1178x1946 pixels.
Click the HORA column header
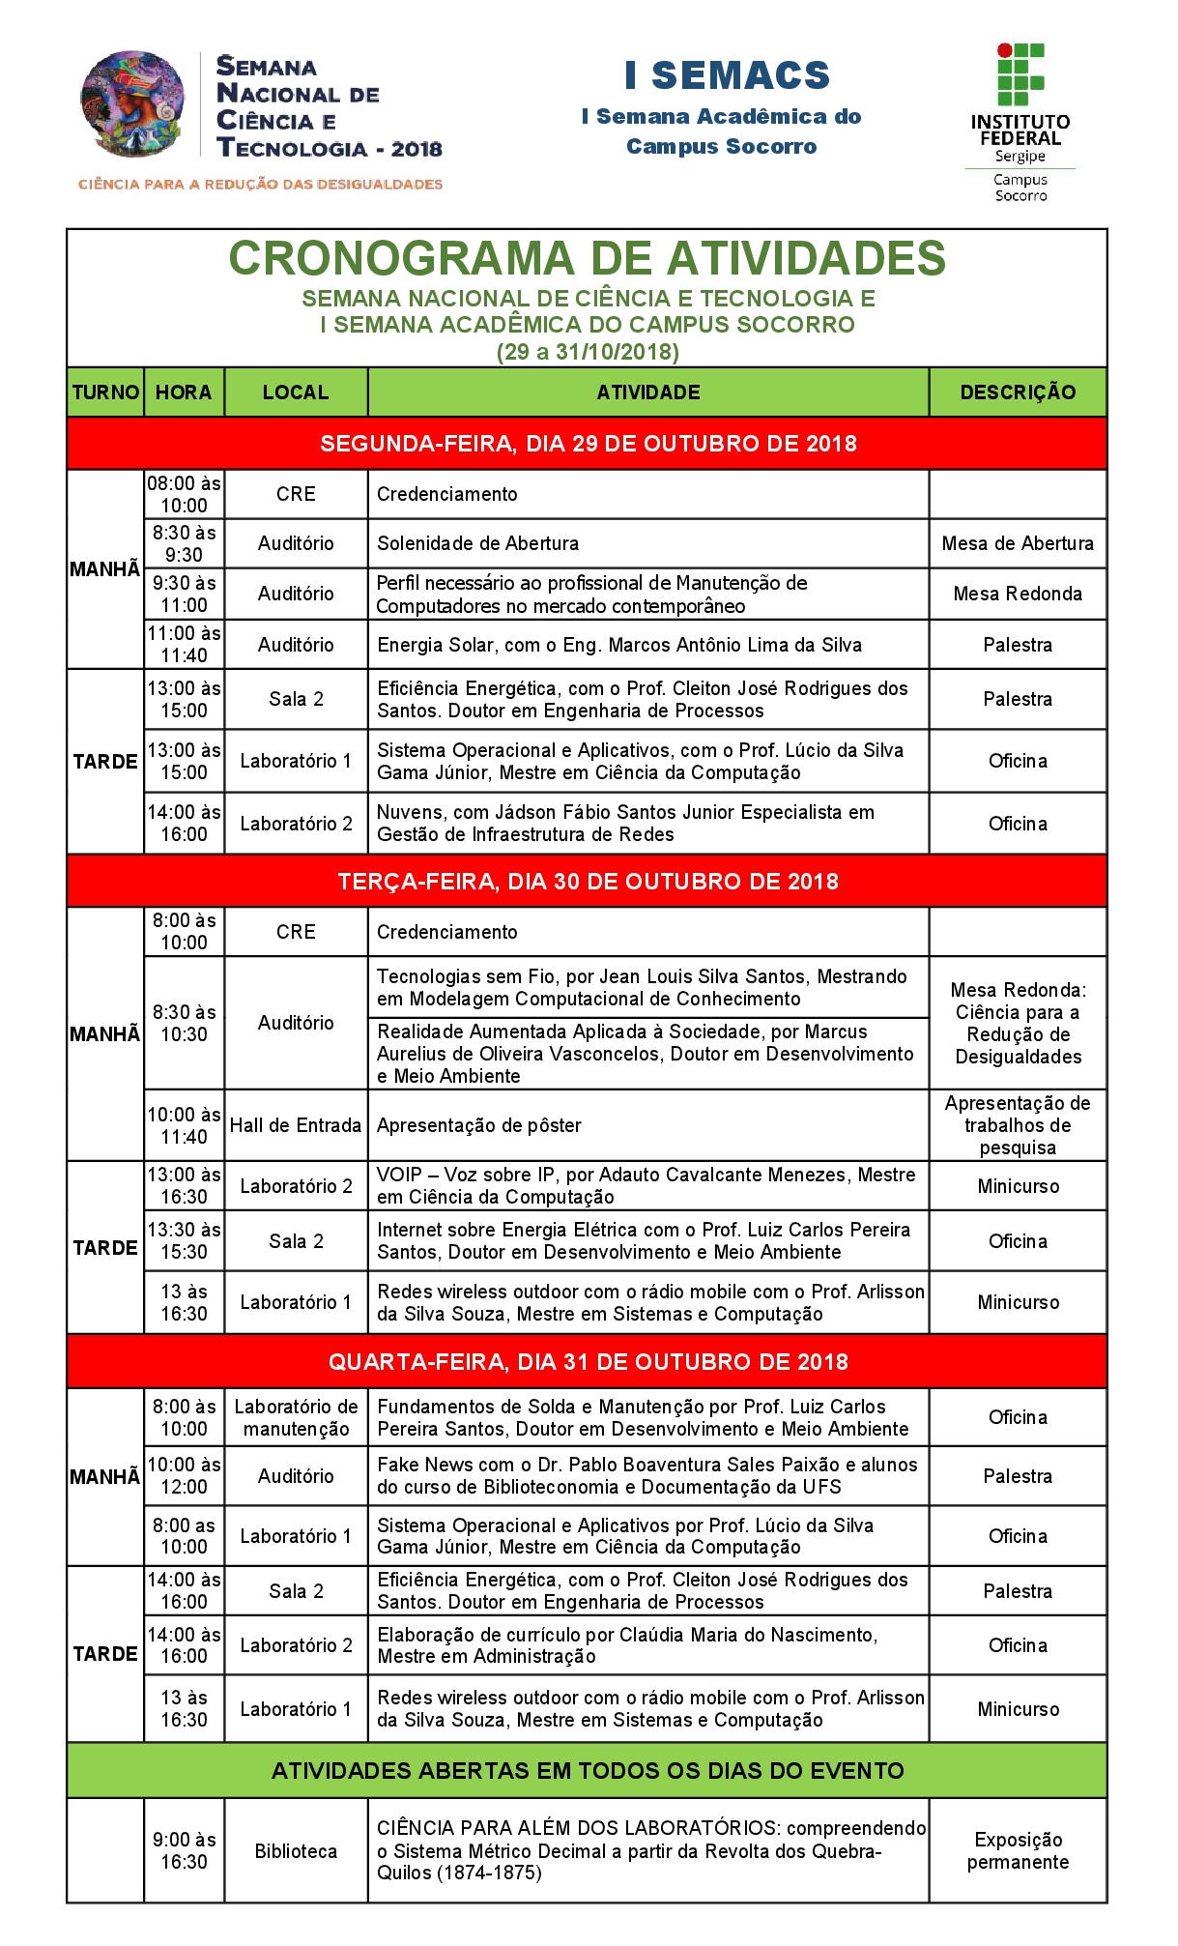click(x=184, y=392)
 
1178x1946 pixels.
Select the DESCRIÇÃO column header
click(x=1018, y=392)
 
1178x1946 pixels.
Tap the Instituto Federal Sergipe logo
click(x=1020, y=122)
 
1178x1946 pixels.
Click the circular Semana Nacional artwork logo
click(x=132, y=104)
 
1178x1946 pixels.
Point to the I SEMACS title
click(x=727, y=75)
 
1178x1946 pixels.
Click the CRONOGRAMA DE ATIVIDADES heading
click(x=587, y=259)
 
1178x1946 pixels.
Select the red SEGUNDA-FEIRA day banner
click(x=587, y=444)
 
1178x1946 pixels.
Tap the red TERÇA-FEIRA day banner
click(x=587, y=882)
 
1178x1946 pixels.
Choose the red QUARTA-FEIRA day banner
click(x=587, y=1362)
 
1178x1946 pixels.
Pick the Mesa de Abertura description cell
click(x=1018, y=543)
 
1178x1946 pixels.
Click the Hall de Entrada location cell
click(x=296, y=1125)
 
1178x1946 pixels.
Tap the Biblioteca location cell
click(x=296, y=1851)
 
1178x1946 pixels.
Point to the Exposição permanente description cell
click(x=1018, y=1851)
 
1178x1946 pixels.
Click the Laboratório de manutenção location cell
click(x=296, y=1418)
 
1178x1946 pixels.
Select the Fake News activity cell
click(x=646, y=1476)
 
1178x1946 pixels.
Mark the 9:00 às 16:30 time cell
click(x=184, y=1851)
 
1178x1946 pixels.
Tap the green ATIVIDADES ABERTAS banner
click(x=587, y=1771)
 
